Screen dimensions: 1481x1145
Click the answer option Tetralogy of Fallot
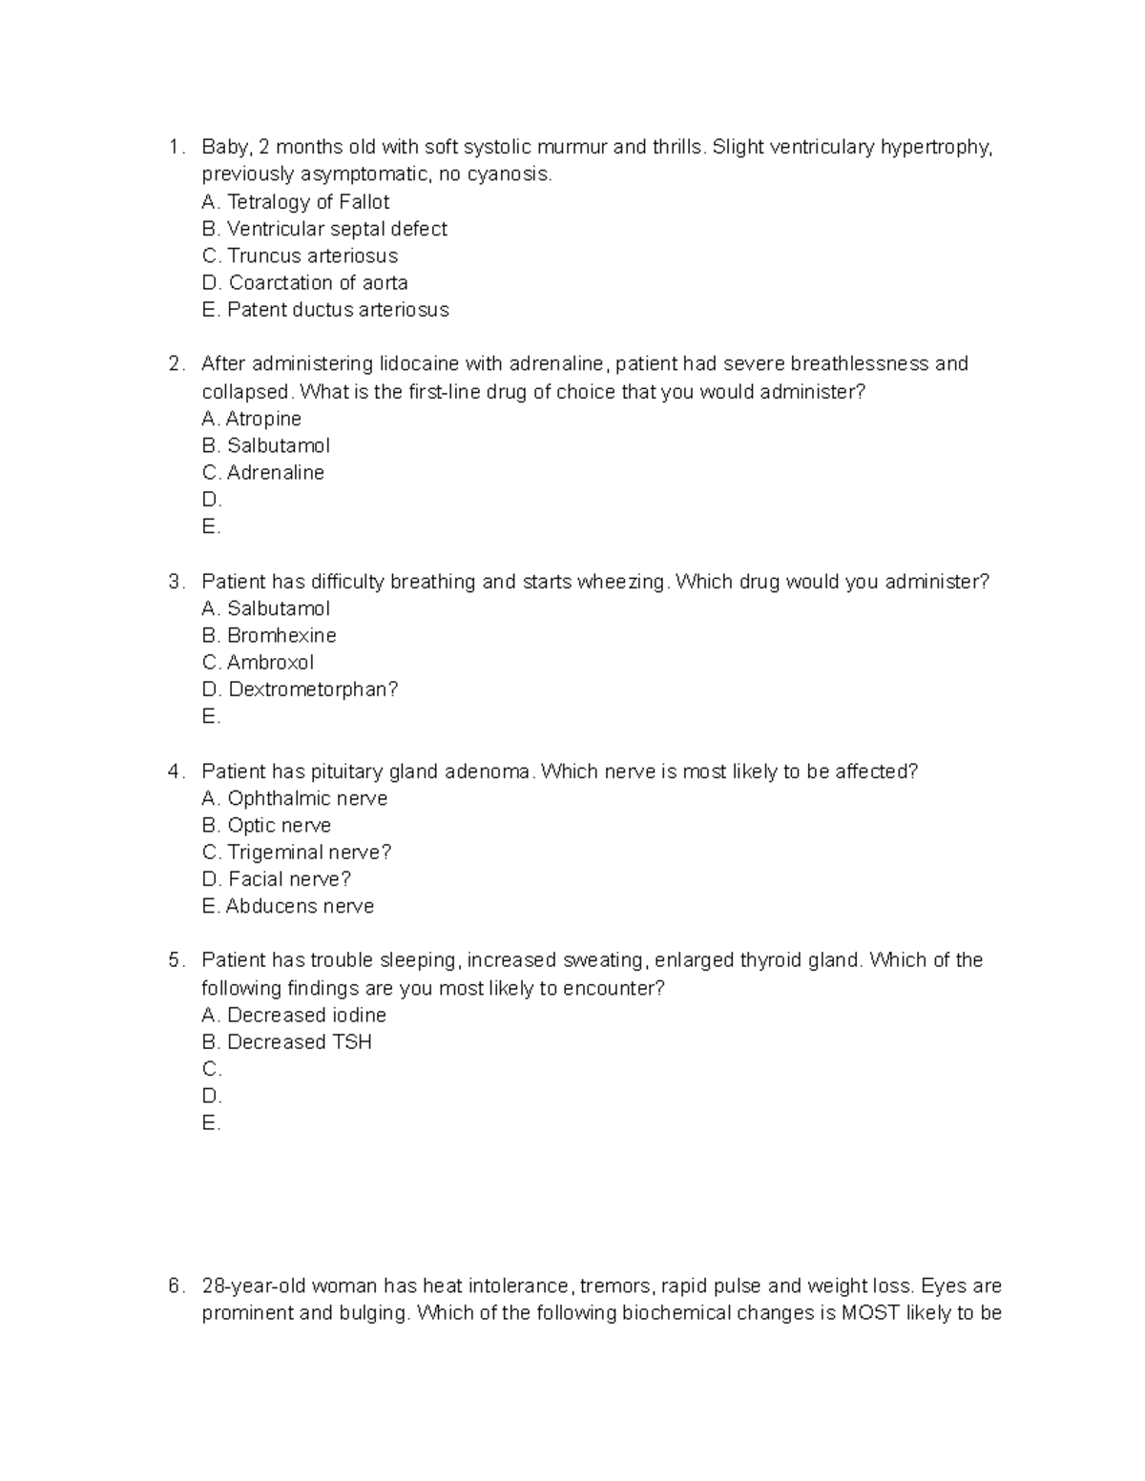click(296, 202)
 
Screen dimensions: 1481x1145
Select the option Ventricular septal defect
click(324, 229)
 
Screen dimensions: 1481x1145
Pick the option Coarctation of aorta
click(305, 283)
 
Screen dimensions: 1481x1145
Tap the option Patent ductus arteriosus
click(324, 310)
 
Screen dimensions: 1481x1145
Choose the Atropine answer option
click(252, 419)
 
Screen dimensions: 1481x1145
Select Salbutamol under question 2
click(266, 445)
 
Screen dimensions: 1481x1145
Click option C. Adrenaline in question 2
click(263, 473)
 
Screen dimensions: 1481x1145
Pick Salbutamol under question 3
click(266, 608)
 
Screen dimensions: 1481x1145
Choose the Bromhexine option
click(269, 635)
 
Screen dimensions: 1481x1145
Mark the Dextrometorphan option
click(300, 689)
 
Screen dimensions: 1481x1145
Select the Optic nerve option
click(267, 826)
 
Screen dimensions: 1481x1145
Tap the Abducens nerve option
click(288, 907)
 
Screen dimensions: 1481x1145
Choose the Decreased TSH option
click(287, 1042)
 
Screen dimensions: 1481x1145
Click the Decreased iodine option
click(294, 1016)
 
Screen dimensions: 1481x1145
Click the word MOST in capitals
click(870, 1313)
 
